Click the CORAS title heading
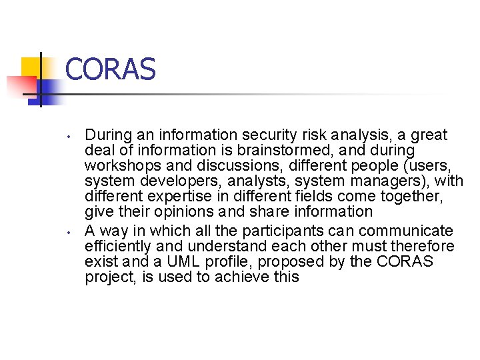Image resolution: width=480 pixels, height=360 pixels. tap(111, 69)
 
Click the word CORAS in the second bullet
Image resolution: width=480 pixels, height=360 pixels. tap(405, 262)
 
